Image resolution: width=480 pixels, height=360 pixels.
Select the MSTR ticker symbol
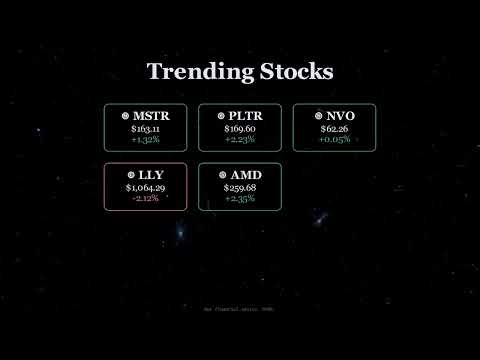151,116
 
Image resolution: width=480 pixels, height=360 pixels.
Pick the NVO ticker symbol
340,116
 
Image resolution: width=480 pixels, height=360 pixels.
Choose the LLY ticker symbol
149,175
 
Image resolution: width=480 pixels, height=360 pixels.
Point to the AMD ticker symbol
245,175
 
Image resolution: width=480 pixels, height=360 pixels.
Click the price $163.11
145,129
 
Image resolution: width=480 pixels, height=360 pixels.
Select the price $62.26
334,129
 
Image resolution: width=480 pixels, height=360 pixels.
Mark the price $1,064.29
145,187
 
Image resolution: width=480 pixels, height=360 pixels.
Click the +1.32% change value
145,141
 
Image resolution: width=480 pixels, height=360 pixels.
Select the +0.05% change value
334,141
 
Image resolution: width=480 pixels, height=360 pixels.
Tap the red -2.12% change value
145,199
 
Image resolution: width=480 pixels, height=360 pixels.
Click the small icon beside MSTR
124,116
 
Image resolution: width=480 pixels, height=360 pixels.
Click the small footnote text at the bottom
239,309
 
